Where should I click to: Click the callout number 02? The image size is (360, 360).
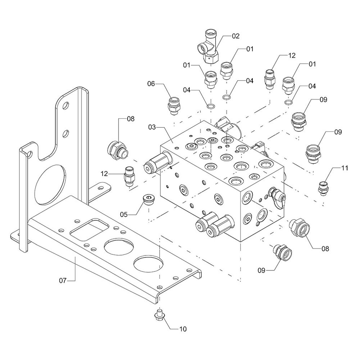235,36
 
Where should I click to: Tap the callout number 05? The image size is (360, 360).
124,215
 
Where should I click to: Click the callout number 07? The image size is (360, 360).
63,280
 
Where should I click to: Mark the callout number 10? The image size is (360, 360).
183,328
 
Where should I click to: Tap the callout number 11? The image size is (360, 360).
345,168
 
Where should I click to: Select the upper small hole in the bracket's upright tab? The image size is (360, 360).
66,106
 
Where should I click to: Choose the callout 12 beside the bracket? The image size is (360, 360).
104,174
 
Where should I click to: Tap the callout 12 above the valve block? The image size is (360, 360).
291,55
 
